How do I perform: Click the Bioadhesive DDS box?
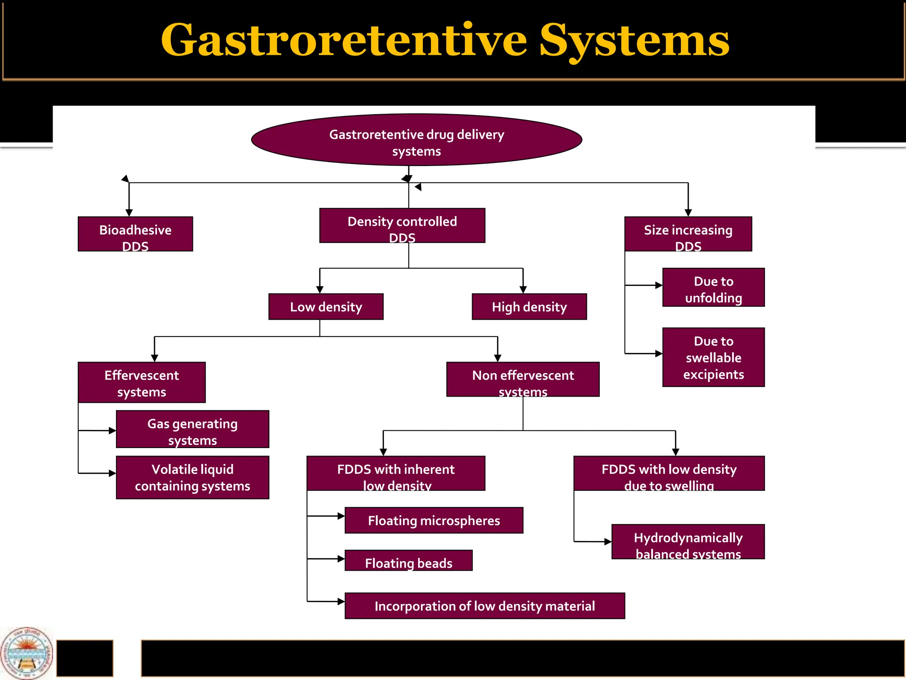[135, 234]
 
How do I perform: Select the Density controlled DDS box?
[402, 225]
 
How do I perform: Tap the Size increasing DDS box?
[688, 234]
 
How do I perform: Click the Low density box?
[326, 306]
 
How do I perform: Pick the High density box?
[529, 306]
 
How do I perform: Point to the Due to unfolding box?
[713, 287]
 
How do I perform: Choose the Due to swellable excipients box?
[713, 357]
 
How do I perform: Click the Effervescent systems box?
[142, 382]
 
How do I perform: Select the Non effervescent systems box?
[523, 379]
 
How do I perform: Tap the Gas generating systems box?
[192, 429]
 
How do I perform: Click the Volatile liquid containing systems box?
[192, 477]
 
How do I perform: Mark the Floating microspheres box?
[434, 520]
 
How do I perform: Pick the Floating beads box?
[408, 560]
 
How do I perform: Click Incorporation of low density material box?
[484, 606]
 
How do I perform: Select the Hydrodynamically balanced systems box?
[688, 541]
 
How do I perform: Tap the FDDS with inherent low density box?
[396, 473]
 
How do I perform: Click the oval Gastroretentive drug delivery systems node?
[416, 140]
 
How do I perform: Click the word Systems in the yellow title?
[634, 41]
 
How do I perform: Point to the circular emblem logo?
[27, 653]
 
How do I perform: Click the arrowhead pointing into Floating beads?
[341, 559]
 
